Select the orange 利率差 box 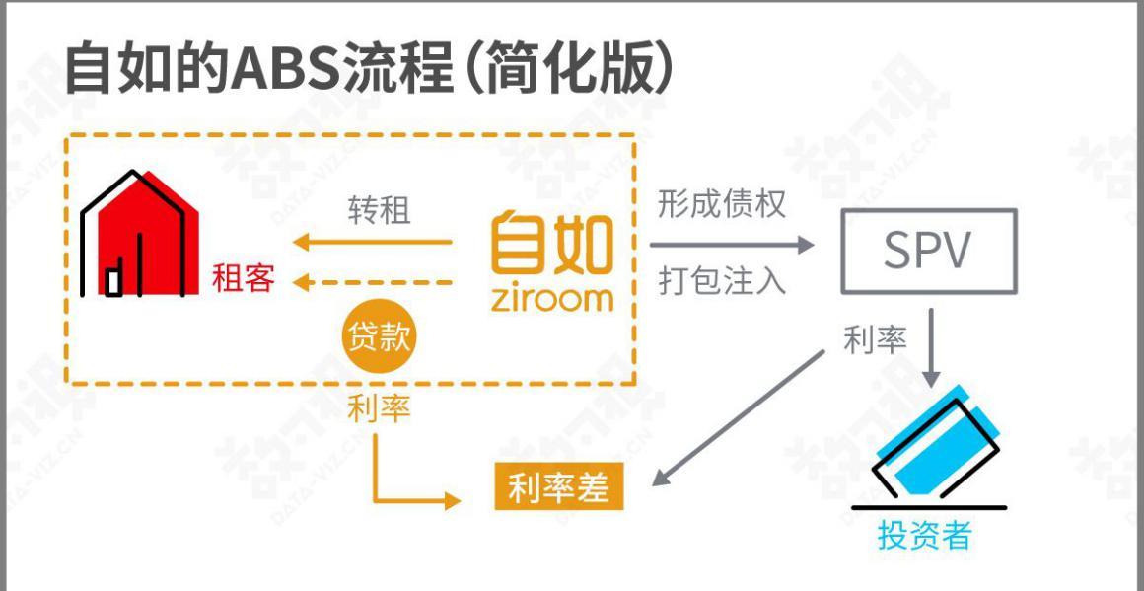click(559, 486)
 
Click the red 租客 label click(244, 278)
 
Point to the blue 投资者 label click(924, 535)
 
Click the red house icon click(139, 234)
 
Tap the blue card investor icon click(927, 446)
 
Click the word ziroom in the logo click(551, 298)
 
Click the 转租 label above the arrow click(379, 211)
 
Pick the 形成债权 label click(722, 205)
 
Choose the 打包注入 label click(722, 281)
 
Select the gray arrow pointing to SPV click(732, 245)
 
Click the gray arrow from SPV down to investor click(930, 348)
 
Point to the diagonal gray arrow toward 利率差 click(738, 418)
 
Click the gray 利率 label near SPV click(875, 340)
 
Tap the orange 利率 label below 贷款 click(380, 407)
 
